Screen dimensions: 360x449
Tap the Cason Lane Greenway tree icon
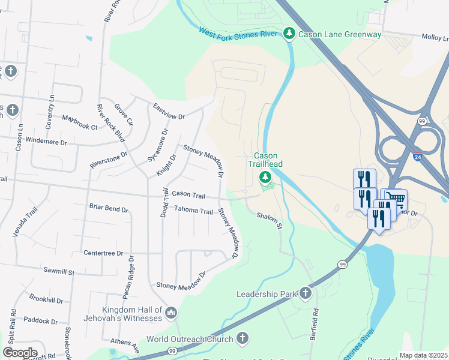(x=289, y=34)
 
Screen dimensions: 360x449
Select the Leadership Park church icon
(x=306, y=293)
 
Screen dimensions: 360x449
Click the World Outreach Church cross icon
(x=243, y=338)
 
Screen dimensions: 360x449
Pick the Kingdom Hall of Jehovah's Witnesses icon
(x=171, y=313)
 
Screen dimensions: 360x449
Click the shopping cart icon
(x=396, y=199)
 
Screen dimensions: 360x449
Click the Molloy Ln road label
(x=435, y=37)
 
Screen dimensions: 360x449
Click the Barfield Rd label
(x=315, y=321)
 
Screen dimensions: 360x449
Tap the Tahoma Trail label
(x=193, y=211)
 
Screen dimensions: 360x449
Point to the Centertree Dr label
(x=103, y=253)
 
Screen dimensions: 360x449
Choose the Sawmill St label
(x=58, y=272)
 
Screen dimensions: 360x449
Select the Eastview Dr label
(x=169, y=111)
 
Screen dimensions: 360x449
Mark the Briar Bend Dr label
(x=109, y=210)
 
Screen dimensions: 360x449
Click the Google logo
(x=20, y=353)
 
